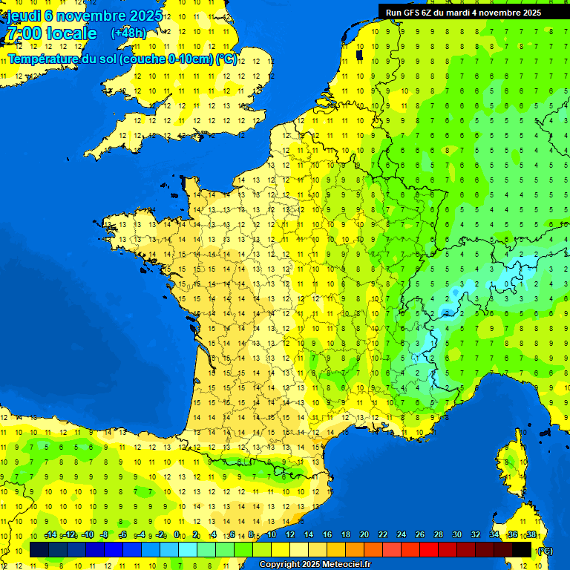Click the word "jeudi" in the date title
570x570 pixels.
23,16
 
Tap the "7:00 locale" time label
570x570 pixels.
51,34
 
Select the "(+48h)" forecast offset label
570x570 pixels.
128,33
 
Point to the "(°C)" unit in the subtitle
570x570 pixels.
226,59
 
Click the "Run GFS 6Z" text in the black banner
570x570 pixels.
410,13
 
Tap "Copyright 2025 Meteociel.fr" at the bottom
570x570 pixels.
315,565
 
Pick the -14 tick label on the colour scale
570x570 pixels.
50,535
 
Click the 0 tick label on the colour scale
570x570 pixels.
176,535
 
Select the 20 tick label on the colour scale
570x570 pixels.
364,535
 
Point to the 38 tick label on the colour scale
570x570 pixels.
531,535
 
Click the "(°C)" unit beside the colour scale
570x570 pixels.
544,550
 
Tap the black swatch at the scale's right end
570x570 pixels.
522,549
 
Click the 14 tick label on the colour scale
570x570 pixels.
308,535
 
